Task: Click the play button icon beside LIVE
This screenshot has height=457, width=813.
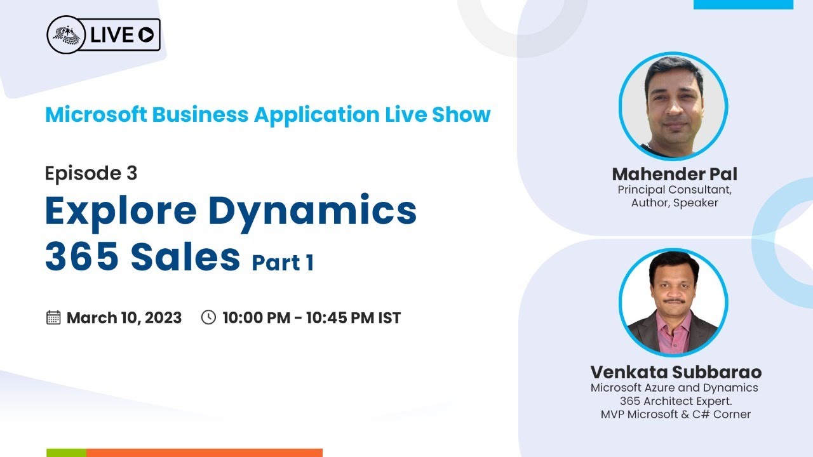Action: tap(146, 35)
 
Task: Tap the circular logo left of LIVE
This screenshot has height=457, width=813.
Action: tap(66, 35)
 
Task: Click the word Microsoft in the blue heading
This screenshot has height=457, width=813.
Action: tap(96, 115)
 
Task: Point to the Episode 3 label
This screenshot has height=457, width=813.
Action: tap(91, 173)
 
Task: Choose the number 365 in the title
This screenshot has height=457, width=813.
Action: tap(82, 256)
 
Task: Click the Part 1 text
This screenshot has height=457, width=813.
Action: tap(283, 263)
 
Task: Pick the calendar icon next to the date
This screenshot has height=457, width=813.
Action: tap(53, 317)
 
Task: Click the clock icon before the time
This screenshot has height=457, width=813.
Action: tap(208, 317)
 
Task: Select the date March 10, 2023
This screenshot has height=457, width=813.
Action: tap(124, 318)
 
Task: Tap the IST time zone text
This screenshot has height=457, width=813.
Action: tap(389, 318)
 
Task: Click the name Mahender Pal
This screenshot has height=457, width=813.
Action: tap(675, 174)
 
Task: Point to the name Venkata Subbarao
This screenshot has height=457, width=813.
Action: tap(676, 372)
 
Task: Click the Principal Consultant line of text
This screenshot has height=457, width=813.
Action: tap(675, 190)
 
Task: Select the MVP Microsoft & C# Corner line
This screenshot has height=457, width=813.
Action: tap(676, 414)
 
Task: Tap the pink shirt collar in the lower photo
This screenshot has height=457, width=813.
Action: tap(674, 326)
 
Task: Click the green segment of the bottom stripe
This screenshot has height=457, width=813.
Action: tap(67, 453)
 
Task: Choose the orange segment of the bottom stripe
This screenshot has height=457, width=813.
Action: tap(205, 453)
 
